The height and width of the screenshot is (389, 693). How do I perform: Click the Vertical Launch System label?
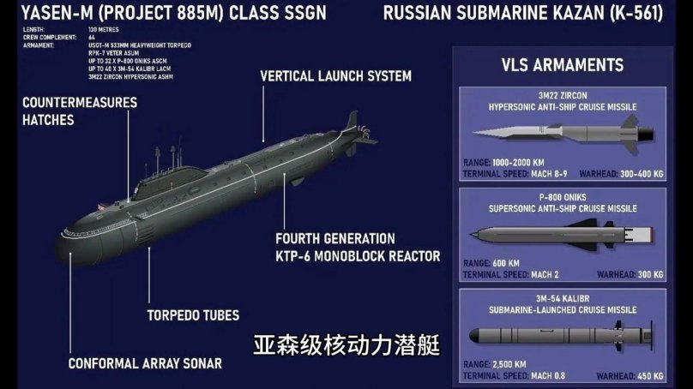click(335, 76)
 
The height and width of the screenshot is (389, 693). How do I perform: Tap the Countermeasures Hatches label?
click(68, 111)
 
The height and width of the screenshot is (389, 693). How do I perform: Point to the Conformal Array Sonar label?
click(145, 363)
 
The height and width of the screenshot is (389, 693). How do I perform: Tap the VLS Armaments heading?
click(562, 66)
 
